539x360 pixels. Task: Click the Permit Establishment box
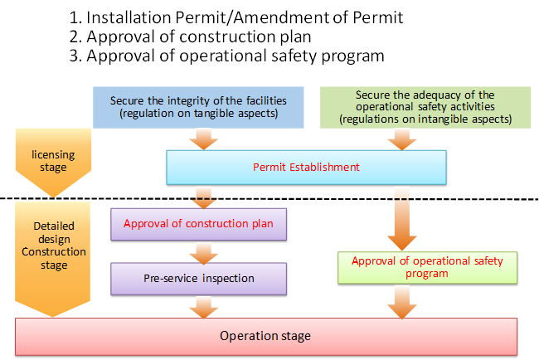pyautogui.click(x=306, y=168)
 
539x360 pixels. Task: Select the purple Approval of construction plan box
pyautogui.click(x=199, y=224)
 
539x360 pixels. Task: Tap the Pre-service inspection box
pyautogui.click(x=199, y=279)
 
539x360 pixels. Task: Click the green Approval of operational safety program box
pyautogui.click(x=427, y=267)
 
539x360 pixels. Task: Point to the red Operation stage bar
pyautogui.click(x=266, y=336)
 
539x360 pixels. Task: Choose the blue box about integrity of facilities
pyautogui.click(x=198, y=107)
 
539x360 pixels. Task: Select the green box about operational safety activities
pyautogui.click(x=425, y=107)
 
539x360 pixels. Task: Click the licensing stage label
pyautogui.click(x=53, y=161)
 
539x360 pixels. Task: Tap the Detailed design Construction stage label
pyautogui.click(x=54, y=246)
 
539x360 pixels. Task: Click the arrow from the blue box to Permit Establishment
pyautogui.click(x=203, y=139)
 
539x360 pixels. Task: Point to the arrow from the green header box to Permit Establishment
pyautogui.click(x=402, y=139)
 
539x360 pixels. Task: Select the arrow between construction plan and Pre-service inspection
pyautogui.click(x=203, y=254)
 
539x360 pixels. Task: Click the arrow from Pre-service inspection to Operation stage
pyautogui.click(x=203, y=308)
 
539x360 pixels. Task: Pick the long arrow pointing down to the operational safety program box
pyautogui.click(x=402, y=219)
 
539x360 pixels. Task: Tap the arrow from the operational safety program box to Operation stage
pyautogui.click(x=402, y=303)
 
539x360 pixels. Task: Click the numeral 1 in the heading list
pyautogui.click(x=75, y=18)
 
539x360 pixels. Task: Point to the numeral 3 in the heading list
pyautogui.click(x=75, y=56)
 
